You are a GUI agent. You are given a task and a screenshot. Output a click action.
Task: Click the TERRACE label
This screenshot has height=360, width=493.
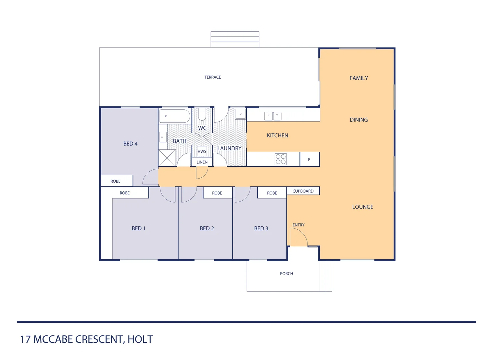point(213,77)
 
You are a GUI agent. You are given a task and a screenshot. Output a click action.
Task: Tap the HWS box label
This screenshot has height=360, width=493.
point(202,151)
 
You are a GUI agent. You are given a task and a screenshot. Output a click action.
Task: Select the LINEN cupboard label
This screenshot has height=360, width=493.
point(202,162)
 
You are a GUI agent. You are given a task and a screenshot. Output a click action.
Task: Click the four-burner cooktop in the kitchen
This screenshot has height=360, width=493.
point(280,159)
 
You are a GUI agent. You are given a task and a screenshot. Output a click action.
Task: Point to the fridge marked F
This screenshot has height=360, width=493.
point(309,160)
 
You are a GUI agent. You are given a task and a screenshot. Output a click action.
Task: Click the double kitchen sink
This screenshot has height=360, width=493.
point(273,116)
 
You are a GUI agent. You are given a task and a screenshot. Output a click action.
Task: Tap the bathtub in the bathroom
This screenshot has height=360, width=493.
point(175,116)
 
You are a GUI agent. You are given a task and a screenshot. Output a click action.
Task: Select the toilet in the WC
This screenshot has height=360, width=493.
point(202,115)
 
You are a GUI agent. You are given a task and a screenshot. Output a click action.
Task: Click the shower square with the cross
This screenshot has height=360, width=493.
point(167,158)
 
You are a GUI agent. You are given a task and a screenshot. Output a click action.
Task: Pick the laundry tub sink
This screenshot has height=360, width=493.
point(241,114)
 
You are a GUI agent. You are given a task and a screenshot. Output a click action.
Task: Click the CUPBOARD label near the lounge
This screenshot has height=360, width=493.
point(303,191)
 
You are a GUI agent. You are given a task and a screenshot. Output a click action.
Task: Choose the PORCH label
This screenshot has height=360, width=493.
point(286,274)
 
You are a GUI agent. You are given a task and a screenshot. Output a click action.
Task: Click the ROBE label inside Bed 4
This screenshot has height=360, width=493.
point(116,181)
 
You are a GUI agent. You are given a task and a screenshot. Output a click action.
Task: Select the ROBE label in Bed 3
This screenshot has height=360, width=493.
point(272,193)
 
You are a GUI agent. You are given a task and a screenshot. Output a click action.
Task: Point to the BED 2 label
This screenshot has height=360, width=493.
point(207,228)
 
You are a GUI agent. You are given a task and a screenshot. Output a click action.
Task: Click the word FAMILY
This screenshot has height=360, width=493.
point(359,78)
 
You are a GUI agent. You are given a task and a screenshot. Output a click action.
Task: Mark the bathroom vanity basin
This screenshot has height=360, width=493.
point(163,137)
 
